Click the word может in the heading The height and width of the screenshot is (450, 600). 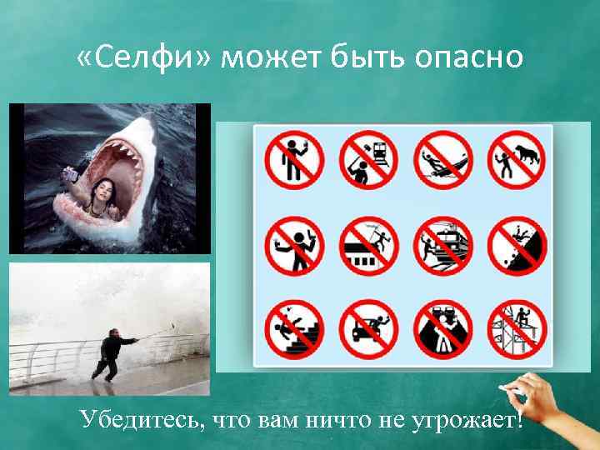pyautogui.click(x=271, y=57)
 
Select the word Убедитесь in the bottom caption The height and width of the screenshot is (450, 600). pyautogui.click(x=137, y=419)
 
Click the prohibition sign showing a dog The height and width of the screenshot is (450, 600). pyautogui.click(x=517, y=159)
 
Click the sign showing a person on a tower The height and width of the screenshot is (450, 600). pyautogui.click(x=517, y=327)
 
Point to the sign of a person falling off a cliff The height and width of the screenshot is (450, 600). pyautogui.click(x=517, y=246)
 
